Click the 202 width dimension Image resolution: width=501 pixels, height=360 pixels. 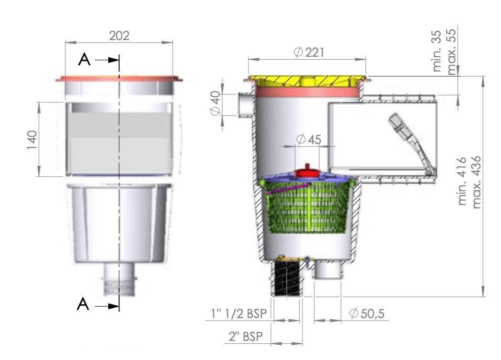click(119, 36)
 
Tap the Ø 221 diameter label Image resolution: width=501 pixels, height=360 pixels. click(309, 52)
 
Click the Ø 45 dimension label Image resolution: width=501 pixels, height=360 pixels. click(309, 140)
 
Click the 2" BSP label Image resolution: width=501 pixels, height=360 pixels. click(245, 336)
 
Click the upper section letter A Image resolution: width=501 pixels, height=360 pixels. click(84, 60)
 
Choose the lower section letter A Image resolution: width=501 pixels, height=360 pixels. click(83, 304)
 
